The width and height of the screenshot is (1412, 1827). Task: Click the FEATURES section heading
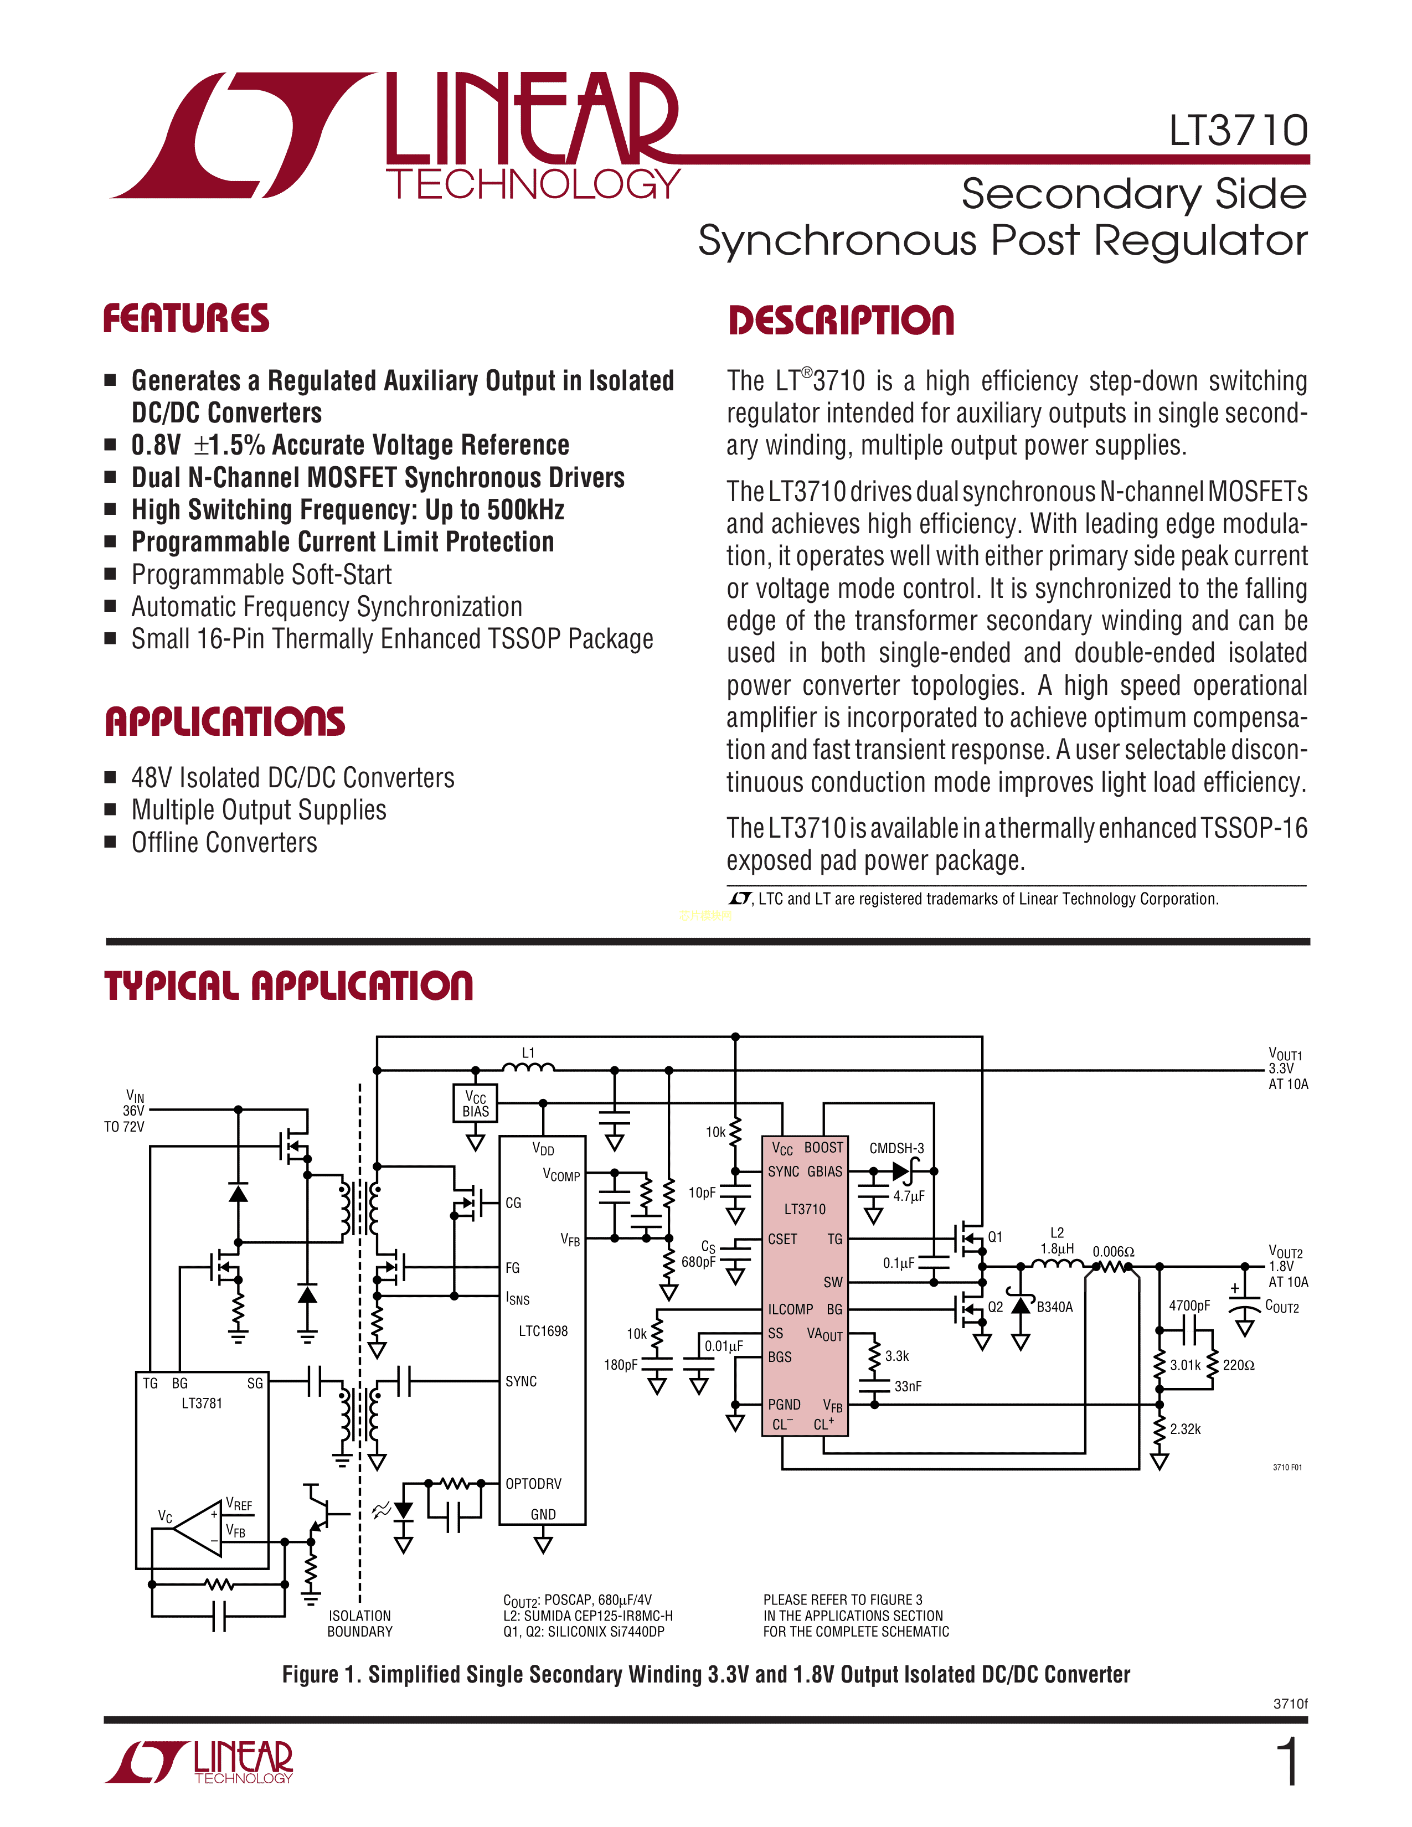pos(185,319)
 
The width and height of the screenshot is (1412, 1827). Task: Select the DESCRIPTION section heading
pos(841,321)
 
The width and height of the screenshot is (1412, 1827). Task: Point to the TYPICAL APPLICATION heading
pos(288,985)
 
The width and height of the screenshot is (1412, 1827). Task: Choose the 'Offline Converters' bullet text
pos(224,843)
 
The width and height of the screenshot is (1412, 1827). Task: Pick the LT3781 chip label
pos(202,1403)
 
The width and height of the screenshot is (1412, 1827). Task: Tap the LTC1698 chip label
pos(543,1331)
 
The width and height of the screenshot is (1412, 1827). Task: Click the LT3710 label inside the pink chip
pos(805,1209)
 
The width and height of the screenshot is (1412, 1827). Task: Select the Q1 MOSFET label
pos(994,1236)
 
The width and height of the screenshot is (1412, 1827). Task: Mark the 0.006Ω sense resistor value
pos(1114,1251)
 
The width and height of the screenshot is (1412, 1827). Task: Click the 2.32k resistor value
pos(1186,1429)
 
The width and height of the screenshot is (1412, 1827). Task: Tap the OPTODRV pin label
pos(533,1483)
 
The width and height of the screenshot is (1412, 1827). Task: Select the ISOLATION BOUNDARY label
pos(360,1623)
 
